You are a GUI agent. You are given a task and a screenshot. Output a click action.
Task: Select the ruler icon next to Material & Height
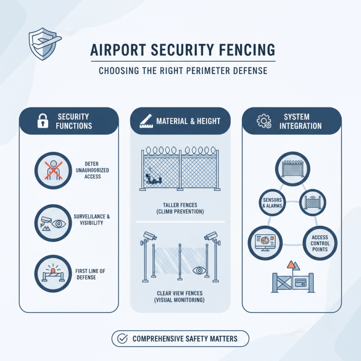143,120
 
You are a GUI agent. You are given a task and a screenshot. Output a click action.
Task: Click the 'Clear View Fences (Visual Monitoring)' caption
180,296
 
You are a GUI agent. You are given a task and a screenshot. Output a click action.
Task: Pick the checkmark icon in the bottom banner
122,338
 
